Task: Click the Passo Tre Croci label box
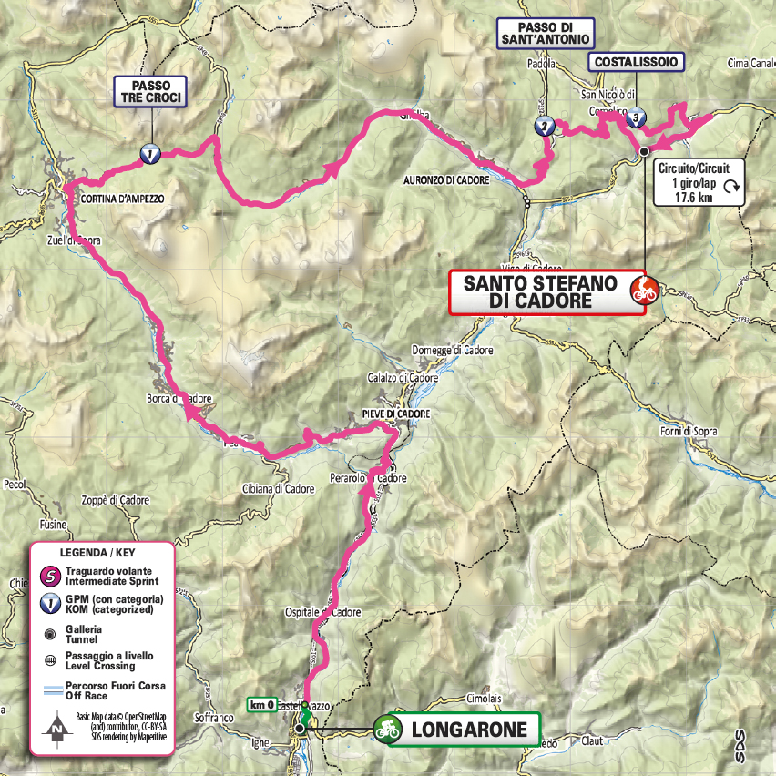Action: pyautogui.click(x=150, y=92)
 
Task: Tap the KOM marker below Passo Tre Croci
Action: pyautogui.click(x=149, y=155)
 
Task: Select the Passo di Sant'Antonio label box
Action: pyautogui.click(x=546, y=33)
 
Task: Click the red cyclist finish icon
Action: pyautogui.click(x=645, y=291)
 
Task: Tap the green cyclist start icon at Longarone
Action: pyautogui.click(x=388, y=728)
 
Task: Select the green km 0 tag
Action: pyautogui.click(x=262, y=705)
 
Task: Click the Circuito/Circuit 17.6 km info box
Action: pyautogui.click(x=699, y=181)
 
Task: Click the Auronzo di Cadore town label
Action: pyautogui.click(x=446, y=180)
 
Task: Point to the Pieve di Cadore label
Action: pyautogui.click(x=388, y=414)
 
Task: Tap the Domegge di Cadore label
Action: pyautogui.click(x=453, y=351)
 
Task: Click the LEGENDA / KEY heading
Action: pyautogui.click(x=101, y=554)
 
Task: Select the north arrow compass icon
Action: pyautogui.click(x=56, y=727)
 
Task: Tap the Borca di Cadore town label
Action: pyautogui.click(x=179, y=399)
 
